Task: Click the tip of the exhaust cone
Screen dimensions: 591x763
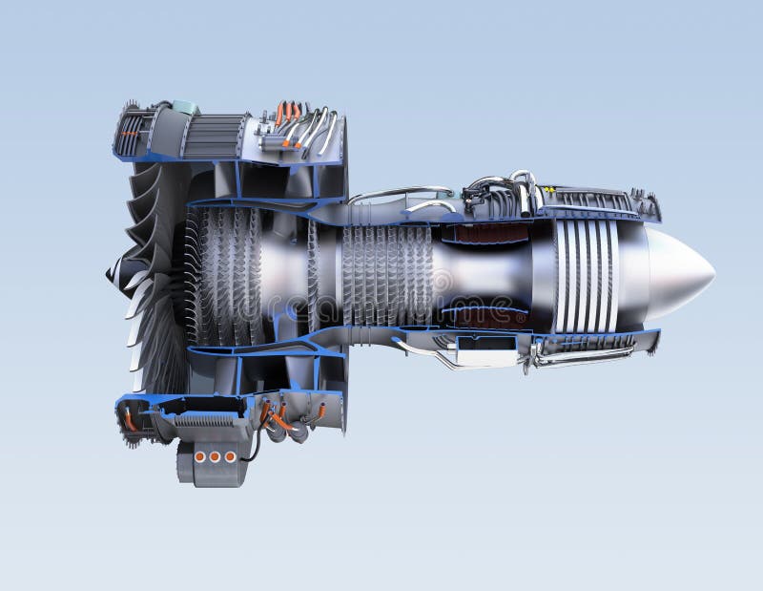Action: tap(712, 274)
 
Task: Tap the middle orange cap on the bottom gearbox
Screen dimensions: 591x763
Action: tap(215, 457)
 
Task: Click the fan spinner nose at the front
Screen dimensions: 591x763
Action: tap(111, 276)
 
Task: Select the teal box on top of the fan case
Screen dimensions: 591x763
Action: tap(186, 108)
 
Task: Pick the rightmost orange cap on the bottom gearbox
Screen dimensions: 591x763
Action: tap(230, 457)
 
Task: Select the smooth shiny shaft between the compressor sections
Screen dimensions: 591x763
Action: tap(286, 277)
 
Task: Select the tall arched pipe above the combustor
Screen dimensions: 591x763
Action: tap(524, 186)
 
